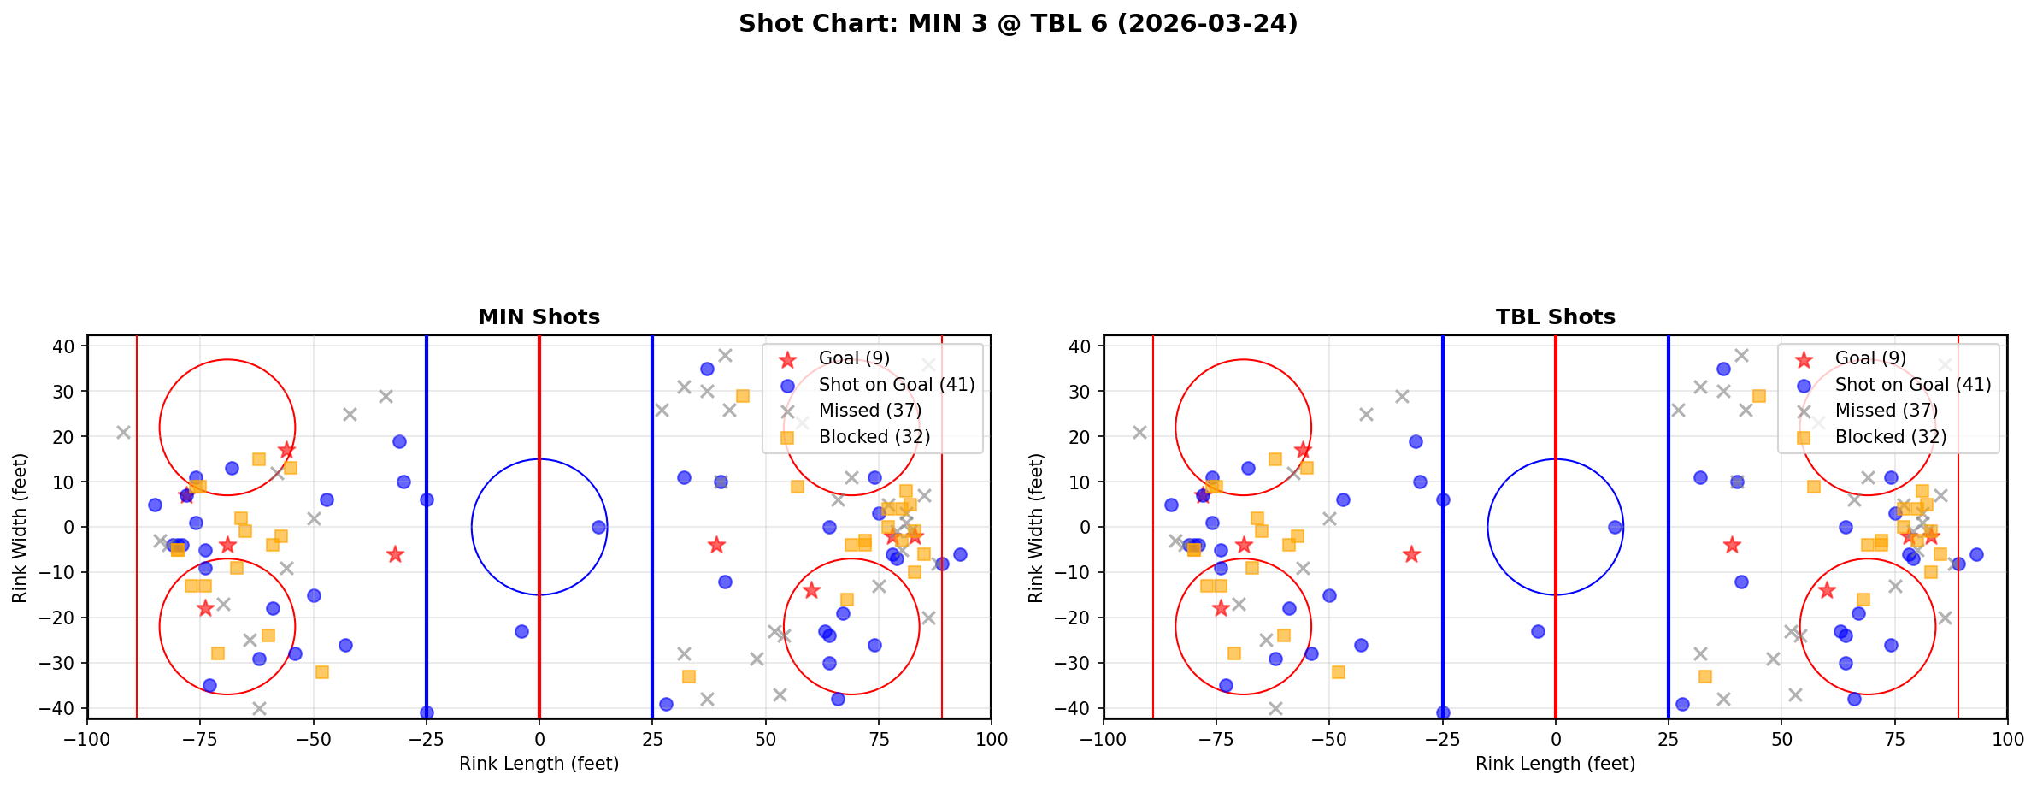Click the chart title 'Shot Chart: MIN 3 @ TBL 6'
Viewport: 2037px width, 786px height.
(x=1018, y=24)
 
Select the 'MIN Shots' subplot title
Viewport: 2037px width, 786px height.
(x=539, y=317)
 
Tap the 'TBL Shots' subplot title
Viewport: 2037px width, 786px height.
(x=1555, y=317)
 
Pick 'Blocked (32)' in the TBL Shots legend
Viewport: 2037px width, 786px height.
(x=1890, y=437)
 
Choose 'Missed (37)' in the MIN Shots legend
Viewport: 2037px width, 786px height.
(x=869, y=411)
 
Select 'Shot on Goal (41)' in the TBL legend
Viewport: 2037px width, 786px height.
(x=1912, y=385)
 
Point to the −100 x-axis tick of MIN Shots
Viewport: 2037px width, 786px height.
(x=87, y=739)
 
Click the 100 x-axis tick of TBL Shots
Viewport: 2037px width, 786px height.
(x=2006, y=739)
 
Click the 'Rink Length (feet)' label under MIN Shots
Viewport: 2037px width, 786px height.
(x=539, y=764)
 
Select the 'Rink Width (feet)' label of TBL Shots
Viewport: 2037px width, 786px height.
(x=1036, y=528)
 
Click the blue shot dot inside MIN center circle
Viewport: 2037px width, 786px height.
(x=598, y=528)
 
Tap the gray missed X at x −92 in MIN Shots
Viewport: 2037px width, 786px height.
(x=123, y=432)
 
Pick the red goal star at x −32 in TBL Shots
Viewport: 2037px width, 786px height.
(x=1411, y=554)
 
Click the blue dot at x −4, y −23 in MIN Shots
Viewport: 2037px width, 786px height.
(x=521, y=631)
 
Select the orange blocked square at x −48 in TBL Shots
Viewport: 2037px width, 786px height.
(x=1339, y=672)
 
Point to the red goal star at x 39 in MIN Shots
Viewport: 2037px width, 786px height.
(x=716, y=545)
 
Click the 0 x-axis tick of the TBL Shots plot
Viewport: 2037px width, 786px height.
(x=1555, y=739)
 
